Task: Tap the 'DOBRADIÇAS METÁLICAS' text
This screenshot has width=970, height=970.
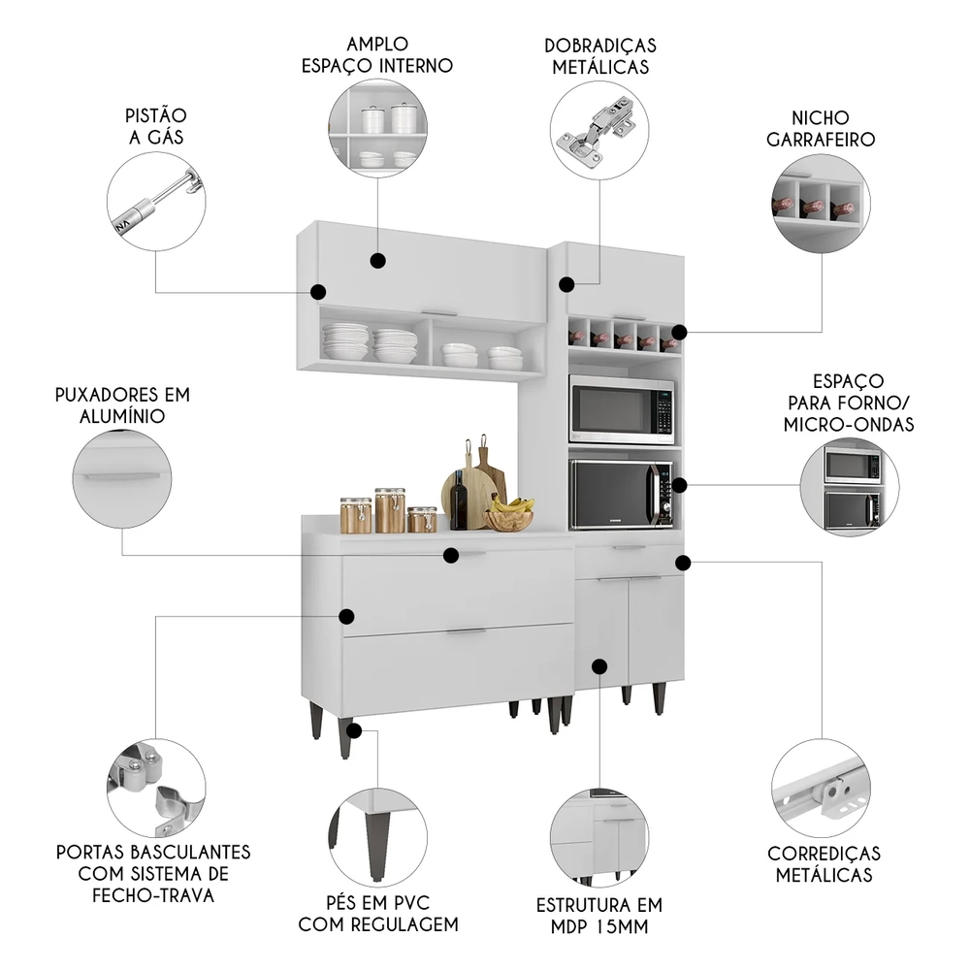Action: [x=600, y=56]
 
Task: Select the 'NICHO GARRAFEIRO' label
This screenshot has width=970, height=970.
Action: [x=821, y=128]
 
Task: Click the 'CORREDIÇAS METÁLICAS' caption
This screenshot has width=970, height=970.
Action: [x=824, y=863]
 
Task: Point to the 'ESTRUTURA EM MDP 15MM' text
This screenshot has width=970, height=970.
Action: [x=599, y=916]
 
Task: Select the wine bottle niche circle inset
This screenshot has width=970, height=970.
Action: [x=821, y=206]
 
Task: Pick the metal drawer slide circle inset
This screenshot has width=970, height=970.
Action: [x=821, y=786]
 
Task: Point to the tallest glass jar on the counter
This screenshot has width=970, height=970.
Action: [x=390, y=510]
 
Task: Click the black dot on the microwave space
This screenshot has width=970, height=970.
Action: [x=680, y=485]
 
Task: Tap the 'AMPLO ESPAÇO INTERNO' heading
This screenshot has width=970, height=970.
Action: [x=377, y=55]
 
